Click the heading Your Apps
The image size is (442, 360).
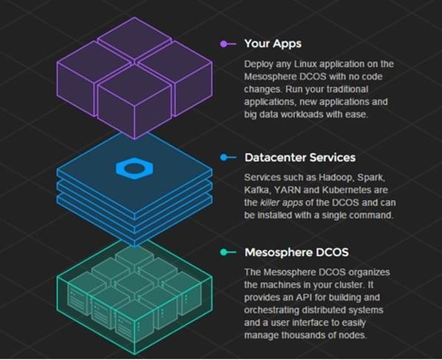pyautogui.click(x=273, y=44)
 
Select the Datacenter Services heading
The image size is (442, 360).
pyautogui.click(x=300, y=157)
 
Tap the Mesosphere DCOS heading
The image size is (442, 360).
pyautogui.click(x=296, y=252)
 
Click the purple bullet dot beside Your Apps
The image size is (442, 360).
pyautogui.click(x=224, y=44)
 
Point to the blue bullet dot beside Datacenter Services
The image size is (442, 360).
pyautogui.click(x=224, y=157)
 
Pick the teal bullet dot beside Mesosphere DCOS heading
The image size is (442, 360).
pyautogui.click(x=224, y=252)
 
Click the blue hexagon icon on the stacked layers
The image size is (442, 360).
pyautogui.click(x=134, y=168)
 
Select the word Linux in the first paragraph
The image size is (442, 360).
pyautogui.click(x=305, y=64)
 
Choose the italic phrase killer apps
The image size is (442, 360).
pyautogui.click(x=282, y=203)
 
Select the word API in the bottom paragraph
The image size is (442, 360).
pyautogui.click(x=304, y=298)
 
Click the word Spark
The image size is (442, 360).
pyautogui.click(x=371, y=177)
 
